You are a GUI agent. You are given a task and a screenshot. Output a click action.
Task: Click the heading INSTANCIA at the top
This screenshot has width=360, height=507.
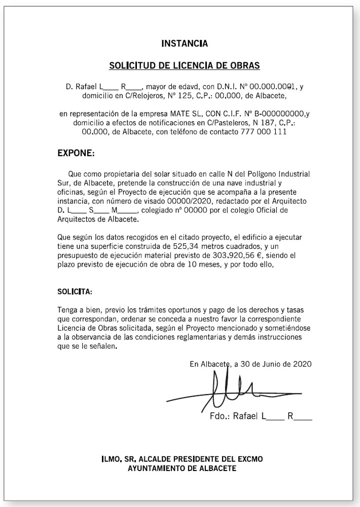184,44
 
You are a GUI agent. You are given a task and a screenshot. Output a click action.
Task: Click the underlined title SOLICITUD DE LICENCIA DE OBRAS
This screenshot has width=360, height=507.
185,66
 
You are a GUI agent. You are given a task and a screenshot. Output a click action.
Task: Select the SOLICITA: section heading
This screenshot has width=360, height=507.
75,292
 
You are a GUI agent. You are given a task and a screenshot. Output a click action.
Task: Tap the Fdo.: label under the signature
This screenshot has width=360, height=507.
220,417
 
